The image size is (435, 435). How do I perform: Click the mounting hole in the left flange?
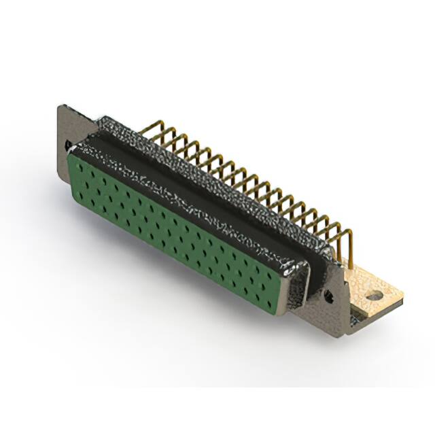[69, 145]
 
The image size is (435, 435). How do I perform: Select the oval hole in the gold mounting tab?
[373, 296]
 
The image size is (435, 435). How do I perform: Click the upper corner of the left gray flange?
[62, 107]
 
